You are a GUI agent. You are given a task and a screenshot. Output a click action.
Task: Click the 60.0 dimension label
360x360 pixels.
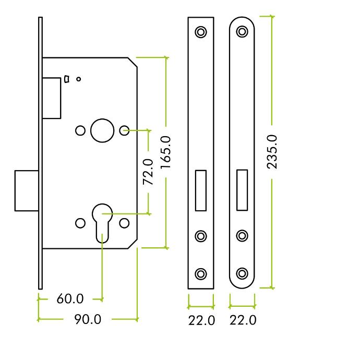[70, 299]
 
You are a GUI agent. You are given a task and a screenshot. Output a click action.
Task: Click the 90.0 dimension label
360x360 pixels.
[88, 319]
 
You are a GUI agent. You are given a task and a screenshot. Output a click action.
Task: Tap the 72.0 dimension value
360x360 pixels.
[148, 172]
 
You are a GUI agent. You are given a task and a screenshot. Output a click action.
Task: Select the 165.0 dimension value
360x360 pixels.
[165, 153]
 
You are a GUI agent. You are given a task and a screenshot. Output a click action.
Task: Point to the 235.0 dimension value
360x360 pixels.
[272, 152]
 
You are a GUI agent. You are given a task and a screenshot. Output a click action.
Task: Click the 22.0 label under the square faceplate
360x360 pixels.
[201, 320]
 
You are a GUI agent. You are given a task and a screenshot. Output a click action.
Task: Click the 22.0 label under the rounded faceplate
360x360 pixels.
[243, 320]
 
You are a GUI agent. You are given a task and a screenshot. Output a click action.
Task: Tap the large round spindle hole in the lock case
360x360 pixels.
[102, 130]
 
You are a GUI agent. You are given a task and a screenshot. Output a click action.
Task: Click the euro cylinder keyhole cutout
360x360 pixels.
[102, 223]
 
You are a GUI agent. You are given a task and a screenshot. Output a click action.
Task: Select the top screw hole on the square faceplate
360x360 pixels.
[201, 32]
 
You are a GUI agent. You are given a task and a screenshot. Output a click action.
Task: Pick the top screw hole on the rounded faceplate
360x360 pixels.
[242, 31]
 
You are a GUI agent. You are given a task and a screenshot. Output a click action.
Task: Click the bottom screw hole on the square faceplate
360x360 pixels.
[201, 274]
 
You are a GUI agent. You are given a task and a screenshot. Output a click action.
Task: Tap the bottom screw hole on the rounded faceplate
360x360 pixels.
[242, 273]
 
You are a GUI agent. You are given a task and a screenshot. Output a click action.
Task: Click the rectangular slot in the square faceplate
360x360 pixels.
[201, 190]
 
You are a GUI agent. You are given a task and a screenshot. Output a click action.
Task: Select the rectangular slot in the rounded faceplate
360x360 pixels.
[242, 190]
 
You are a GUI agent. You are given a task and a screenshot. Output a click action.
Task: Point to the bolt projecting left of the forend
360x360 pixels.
[27, 190]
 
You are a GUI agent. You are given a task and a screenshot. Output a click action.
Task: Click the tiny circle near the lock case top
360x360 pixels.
[78, 79]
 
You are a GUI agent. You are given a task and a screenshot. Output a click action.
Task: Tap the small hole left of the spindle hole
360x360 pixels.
[80, 130]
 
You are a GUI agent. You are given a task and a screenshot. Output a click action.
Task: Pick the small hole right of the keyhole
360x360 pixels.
[125, 223]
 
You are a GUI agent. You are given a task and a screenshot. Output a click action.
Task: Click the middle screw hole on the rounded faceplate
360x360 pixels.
[242, 235]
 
